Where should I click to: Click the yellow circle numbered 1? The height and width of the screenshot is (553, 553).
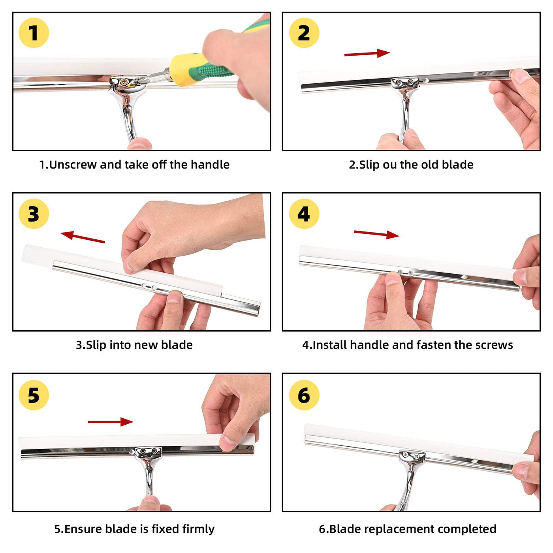coord(34,33)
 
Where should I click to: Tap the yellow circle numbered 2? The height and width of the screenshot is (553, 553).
coord(304,33)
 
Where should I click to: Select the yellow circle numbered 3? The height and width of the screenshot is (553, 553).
coord(34,214)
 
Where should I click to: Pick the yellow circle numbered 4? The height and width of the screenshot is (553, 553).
coord(304,214)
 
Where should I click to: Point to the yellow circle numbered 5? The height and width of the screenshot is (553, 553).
coord(34,395)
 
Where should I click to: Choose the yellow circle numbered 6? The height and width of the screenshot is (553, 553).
coord(304,395)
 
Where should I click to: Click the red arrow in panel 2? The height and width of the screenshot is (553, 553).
coord(367,54)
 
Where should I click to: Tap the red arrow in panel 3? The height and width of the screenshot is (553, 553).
coord(83,237)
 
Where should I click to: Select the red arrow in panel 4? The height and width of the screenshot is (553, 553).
coord(376,234)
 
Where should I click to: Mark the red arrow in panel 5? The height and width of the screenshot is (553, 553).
coord(111,421)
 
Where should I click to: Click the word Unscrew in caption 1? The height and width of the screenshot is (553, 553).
coord(73,165)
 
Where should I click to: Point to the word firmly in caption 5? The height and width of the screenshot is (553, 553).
coord(199,529)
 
